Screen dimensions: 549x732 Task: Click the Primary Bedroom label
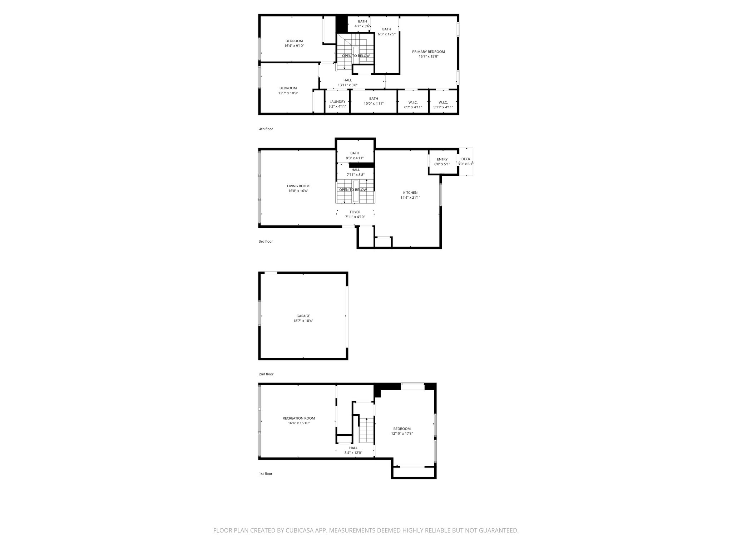click(428, 52)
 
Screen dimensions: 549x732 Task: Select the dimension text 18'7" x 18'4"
click(303, 321)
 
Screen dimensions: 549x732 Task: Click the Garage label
click(303, 316)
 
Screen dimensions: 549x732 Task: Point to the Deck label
click(465, 159)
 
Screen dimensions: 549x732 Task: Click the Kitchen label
click(410, 193)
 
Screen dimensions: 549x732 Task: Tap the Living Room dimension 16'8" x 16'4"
click(298, 191)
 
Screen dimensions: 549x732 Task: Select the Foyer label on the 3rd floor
click(355, 212)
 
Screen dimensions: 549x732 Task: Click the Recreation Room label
click(298, 418)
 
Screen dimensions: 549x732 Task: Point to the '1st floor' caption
click(266, 474)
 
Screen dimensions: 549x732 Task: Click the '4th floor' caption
click(266, 129)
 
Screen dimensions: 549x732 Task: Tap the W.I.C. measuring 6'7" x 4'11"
click(413, 105)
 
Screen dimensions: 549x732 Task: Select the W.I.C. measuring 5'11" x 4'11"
click(443, 105)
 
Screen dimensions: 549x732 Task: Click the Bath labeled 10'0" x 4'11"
click(374, 101)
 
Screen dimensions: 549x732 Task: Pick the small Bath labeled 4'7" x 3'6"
click(362, 24)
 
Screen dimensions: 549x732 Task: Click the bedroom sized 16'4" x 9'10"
click(294, 43)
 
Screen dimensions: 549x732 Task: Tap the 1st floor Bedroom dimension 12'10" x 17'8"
click(402, 434)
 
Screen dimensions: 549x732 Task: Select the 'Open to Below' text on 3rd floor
click(353, 190)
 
